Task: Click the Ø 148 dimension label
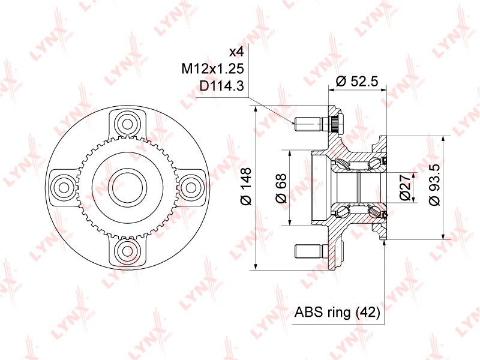pos(246,186)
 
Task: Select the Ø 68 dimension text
pos(281,188)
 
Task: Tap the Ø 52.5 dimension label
pos(357,82)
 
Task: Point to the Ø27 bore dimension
pos(404,187)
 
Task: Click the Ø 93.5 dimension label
pos(434,184)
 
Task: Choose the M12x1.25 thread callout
pos(212,69)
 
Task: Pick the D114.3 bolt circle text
pos(221,86)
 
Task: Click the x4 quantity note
pos(236,52)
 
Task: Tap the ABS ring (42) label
pos(337,313)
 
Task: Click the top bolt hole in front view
pos(127,124)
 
